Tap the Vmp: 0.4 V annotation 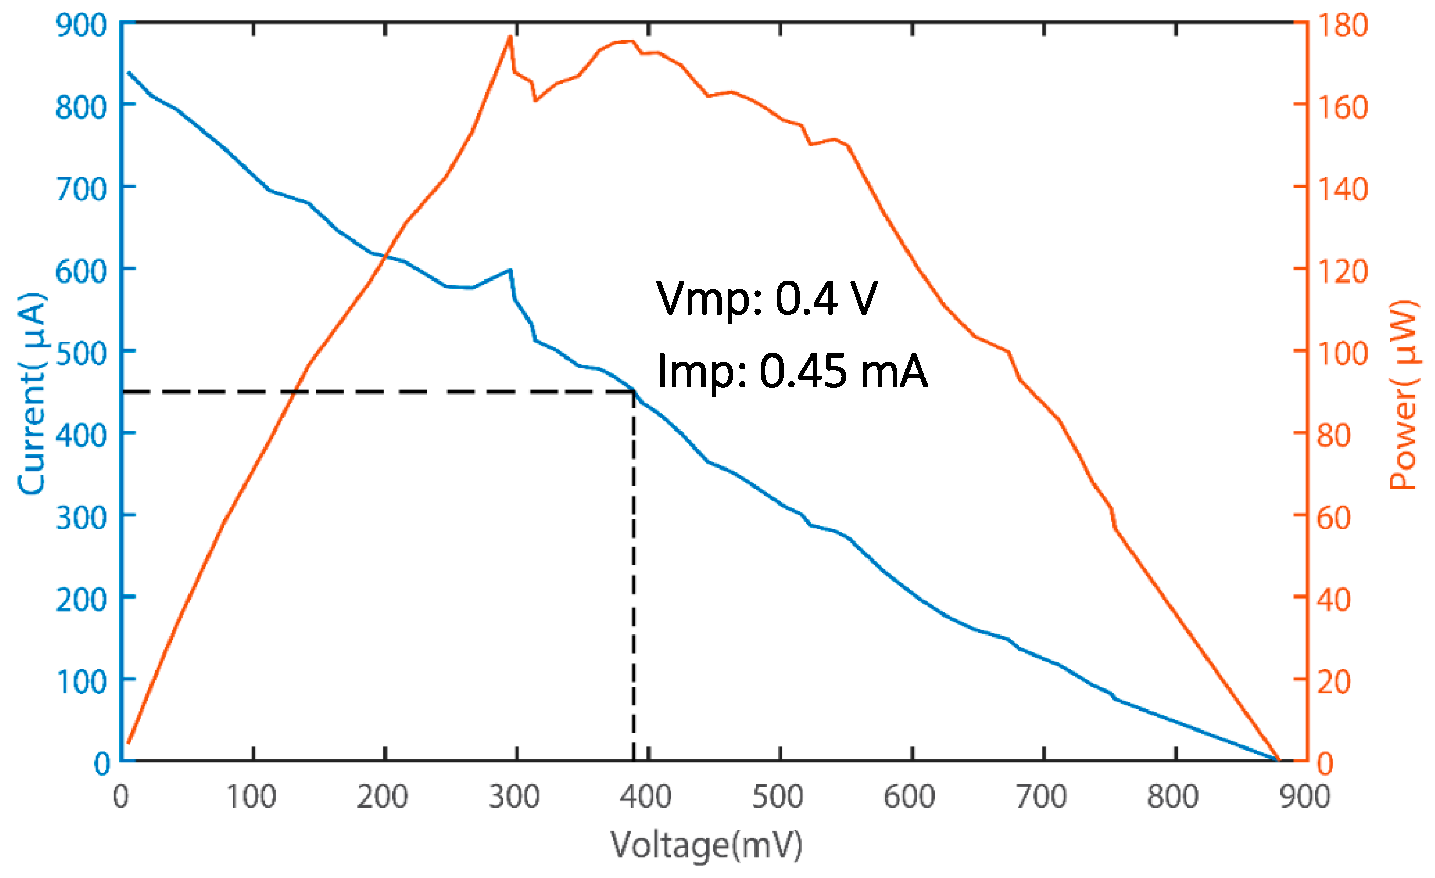(x=766, y=298)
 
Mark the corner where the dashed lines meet (x=634, y=392)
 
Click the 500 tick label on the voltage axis (x=778, y=797)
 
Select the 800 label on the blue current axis (x=82, y=107)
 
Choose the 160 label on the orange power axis (x=1343, y=107)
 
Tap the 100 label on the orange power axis (x=1343, y=353)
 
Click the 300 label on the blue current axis (x=82, y=517)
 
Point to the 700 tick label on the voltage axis (x=1041, y=797)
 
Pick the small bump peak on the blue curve (x=510, y=270)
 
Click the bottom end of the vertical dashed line (x=634, y=759)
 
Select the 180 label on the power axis (x=1343, y=26)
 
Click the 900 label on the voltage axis (x=1305, y=797)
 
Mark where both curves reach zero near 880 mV (x=1279, y=760)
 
